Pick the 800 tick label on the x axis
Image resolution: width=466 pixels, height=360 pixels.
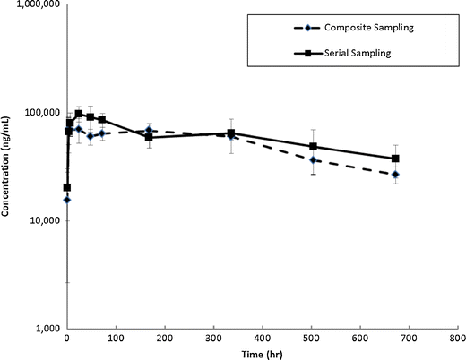click(x=456, y=340)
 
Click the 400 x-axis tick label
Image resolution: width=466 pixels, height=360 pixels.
click(x=262, y=340)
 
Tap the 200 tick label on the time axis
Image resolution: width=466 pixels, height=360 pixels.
click(x=164, y=340)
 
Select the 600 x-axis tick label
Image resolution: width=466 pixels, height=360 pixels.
click(x=359, y=340)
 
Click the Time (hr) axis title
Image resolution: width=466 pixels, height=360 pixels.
click(x=262, y=355)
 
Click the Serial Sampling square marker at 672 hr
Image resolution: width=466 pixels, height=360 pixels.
click(x=395, y=159)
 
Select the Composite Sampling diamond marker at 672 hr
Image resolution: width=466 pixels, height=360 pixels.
click(x=395, y=174)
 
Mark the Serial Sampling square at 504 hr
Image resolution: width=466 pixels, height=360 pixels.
click(x=313, y=146)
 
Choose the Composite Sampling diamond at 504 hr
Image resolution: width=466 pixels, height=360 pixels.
click(x=313, y=159)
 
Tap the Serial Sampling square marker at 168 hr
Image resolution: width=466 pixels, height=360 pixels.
click(x=149, y=137)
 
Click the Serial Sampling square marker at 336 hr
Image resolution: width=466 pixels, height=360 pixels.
click(x=231, y=133)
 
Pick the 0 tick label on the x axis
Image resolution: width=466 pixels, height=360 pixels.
click(x=67, y=340)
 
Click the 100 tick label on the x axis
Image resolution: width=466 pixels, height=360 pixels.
click(x=116, y=340)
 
